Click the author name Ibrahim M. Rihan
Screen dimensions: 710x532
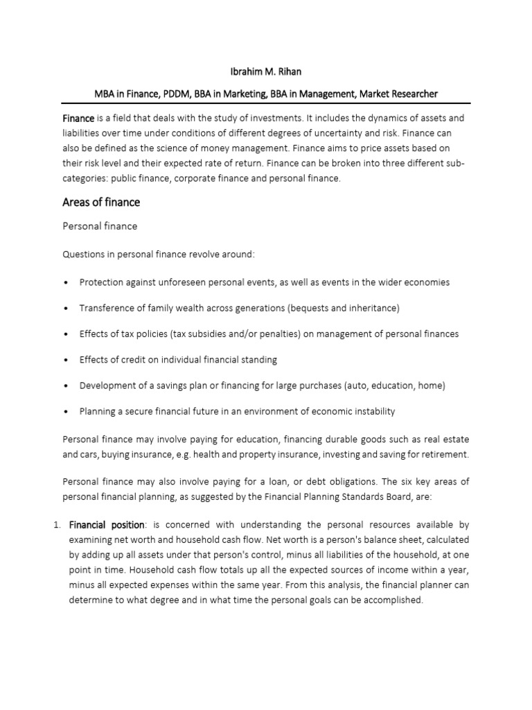[266, 72]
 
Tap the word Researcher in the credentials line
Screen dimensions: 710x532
[410, 93]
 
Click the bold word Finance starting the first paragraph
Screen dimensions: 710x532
[78, 119]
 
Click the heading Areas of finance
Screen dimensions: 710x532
[101, 202]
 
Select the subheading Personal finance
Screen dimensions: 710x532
[100, 226]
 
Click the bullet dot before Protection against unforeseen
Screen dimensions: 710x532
[65, 283]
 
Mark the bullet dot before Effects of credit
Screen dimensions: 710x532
[65, 360]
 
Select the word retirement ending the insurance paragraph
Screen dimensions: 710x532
[445, 454]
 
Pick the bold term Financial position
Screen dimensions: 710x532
[107, 526]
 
